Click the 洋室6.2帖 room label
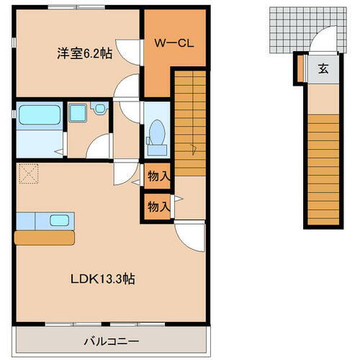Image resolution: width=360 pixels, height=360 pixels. (x=84, y=53)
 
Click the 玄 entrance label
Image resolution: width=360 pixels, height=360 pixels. (x=323, y=70)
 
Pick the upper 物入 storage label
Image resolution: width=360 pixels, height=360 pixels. (x=158, y=176)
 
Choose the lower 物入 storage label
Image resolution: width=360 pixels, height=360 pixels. (x=158, y=207)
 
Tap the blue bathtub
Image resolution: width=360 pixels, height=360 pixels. (x=39, y=115)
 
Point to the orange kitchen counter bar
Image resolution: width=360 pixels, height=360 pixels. (x=43, y=236)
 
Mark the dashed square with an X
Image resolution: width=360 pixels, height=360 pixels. (x=28, y=174)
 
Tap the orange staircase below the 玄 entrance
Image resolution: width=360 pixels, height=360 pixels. (x=323, y=166)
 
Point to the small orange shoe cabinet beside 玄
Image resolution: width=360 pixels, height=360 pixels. (x=300, y=69)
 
